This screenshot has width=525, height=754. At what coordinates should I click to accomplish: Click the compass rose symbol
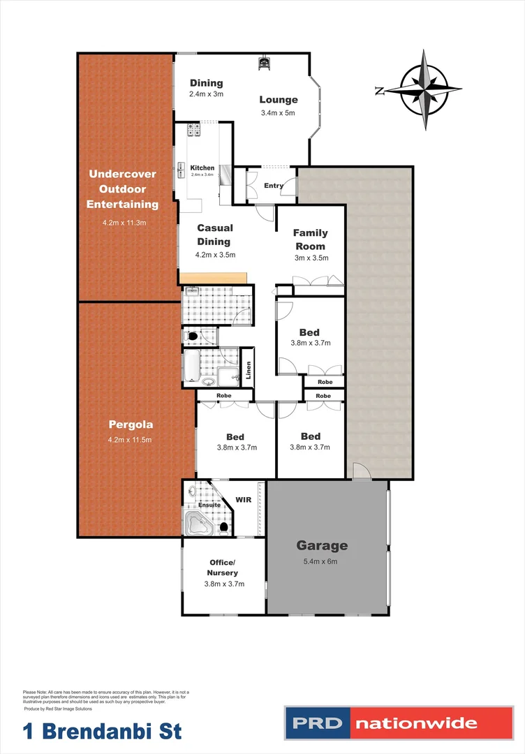[x=424, y=89]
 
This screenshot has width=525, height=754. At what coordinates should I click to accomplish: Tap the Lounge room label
[x=279, y=100]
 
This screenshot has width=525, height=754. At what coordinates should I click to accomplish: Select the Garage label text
[x=322, y=545]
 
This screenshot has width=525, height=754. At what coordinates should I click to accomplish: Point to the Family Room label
[x=310, y=239]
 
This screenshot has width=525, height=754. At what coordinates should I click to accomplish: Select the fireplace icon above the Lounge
[x=265, y=64]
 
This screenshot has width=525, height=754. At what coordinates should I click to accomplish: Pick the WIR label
[x=244, y=500]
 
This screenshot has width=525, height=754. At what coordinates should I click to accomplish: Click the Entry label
[x=274, y=186]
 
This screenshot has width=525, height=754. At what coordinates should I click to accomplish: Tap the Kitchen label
[x=202, y=168]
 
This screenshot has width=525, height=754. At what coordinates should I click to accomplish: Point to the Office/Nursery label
[x=223, y=568]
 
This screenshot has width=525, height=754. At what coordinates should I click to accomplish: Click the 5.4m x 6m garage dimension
[x=322, y=561]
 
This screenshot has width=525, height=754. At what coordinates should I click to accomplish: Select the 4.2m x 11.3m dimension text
[x=122, y=223]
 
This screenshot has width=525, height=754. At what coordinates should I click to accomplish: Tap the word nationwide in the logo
[x=417, y=723]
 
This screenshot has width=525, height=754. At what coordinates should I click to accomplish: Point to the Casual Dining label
[x=214, y=235]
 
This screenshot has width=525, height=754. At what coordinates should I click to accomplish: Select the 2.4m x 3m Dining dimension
[x=206, y=94]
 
